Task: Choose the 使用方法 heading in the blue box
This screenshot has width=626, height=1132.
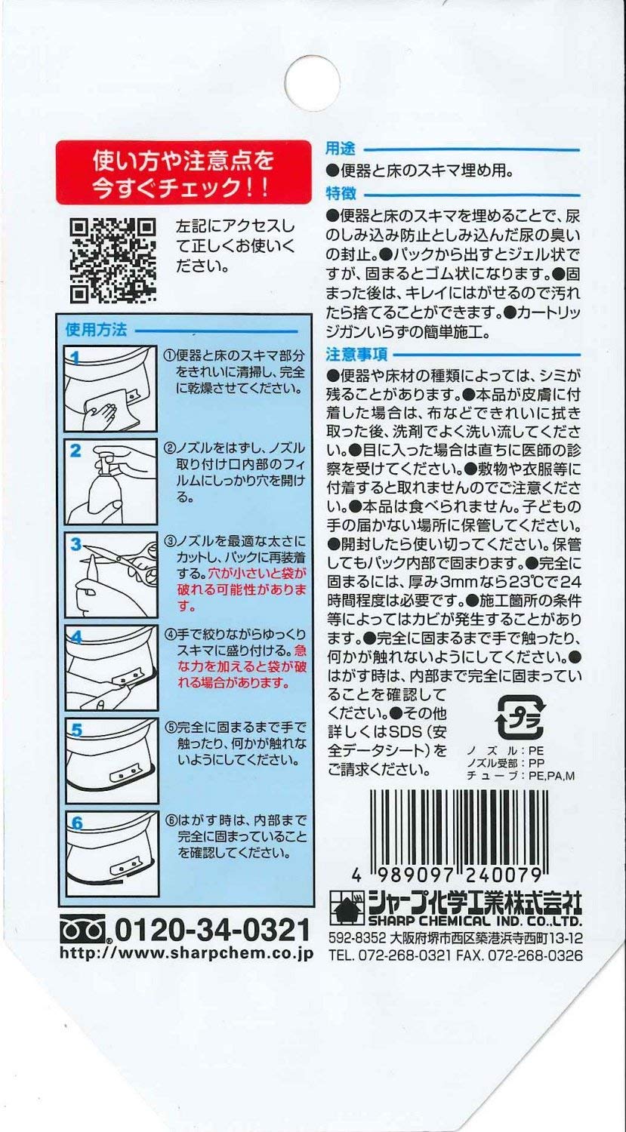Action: coord(96,330)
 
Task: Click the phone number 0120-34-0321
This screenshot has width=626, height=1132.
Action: coord(211,930)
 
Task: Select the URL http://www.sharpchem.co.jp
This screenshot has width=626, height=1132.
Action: coord(186,954)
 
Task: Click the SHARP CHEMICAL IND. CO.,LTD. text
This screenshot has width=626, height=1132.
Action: coord(474,922)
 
